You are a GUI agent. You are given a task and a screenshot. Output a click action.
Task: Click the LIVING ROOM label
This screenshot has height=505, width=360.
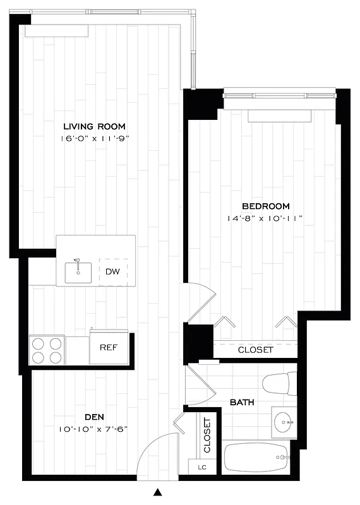[97, 125]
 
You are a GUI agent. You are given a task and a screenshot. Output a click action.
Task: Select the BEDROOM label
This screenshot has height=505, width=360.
[266, 206]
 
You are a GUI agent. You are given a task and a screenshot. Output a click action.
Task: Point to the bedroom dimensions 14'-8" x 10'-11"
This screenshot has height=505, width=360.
[266, 218]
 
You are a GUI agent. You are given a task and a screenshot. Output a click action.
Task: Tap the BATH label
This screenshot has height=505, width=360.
[242, 402]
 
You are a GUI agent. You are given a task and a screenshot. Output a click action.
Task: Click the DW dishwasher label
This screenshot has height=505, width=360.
[112, 272]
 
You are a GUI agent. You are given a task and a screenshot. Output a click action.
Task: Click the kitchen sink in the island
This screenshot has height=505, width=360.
[78, 272]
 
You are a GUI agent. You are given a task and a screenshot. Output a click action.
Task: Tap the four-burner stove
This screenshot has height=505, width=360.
[47, 350]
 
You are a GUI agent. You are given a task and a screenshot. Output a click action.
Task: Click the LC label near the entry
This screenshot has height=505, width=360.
[202, 467]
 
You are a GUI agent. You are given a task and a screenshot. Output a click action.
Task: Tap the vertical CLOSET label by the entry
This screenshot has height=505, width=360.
[207, 436]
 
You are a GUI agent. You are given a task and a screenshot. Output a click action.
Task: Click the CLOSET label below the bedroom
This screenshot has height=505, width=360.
[255, 350]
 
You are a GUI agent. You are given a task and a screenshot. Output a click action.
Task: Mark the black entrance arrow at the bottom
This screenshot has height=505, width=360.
[159, 492]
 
